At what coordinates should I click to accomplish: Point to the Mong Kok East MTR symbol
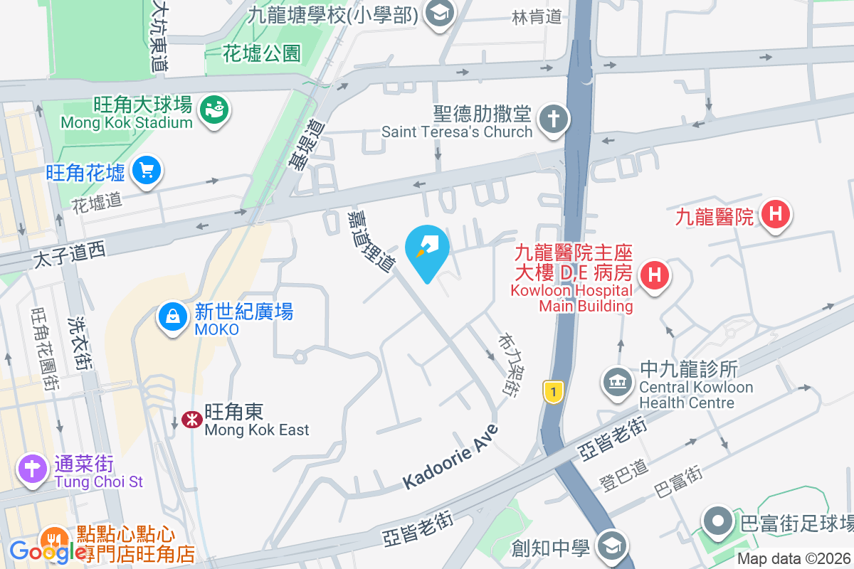point(191,420)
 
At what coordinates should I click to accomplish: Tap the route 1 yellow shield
point(553,390)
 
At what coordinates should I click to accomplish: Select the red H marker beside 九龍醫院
point(775,213)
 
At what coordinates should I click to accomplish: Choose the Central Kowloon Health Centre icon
point(617,383)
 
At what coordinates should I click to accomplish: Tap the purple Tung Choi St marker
point(33,469)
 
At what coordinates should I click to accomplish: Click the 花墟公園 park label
point(262,53)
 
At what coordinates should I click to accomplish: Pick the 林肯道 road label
point(537,17)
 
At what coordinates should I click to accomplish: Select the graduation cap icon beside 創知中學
point(610,546)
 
